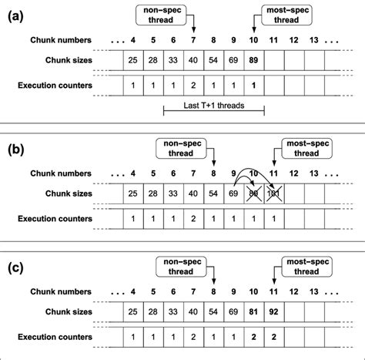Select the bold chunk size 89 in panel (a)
254,59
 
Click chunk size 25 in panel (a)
134,59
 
